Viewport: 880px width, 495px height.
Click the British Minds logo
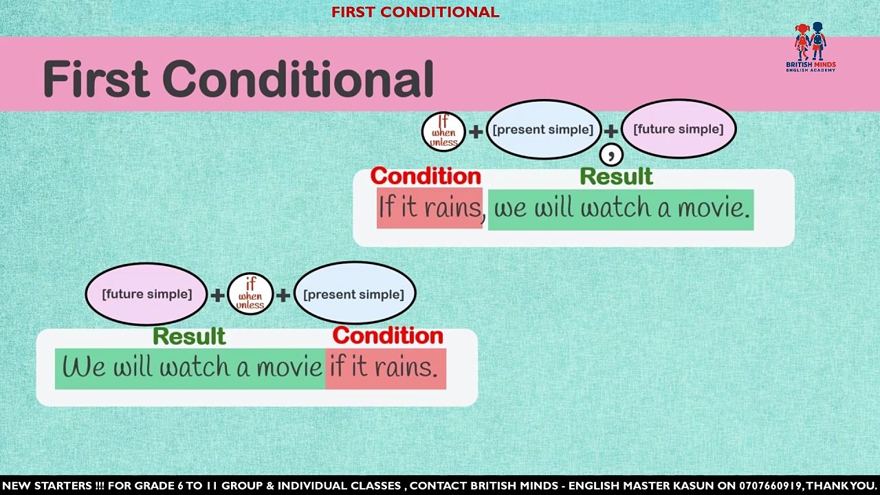point(811,47)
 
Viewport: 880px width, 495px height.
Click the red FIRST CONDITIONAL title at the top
point(415,12)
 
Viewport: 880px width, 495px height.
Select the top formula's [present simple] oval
point(543,129)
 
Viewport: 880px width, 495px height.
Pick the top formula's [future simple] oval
point(679,129)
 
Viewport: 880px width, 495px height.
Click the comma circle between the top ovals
point(611,155)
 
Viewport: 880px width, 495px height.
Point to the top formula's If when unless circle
point(443,131)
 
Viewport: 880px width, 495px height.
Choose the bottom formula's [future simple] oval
point(146,294)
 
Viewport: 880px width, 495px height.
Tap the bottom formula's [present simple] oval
point(354,294)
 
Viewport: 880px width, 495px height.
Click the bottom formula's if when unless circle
point(250,294)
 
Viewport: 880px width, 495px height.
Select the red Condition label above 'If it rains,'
point(426,176)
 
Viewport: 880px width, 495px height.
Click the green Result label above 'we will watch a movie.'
point(617,177)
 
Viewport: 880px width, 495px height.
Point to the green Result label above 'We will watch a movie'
point(189,336)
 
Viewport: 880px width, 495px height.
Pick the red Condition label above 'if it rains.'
point(388,335)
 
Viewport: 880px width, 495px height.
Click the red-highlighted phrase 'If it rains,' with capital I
point(431,208)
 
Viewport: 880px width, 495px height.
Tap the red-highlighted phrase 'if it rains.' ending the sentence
point(386,368)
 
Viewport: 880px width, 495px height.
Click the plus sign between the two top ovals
point(611,131)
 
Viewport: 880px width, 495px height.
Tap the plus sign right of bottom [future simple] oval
point(217,295)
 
